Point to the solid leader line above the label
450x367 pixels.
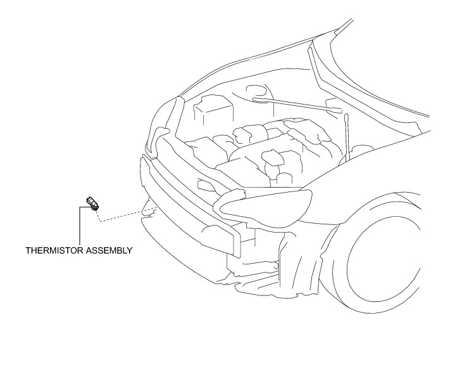click(x=80, y=225)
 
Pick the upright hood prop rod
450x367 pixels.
click(x=347, y=136)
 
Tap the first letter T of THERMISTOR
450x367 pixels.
click(x=28, y=250)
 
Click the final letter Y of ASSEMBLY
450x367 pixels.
click(x=130, y=250)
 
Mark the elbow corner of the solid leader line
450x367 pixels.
click(x=80, y=206)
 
